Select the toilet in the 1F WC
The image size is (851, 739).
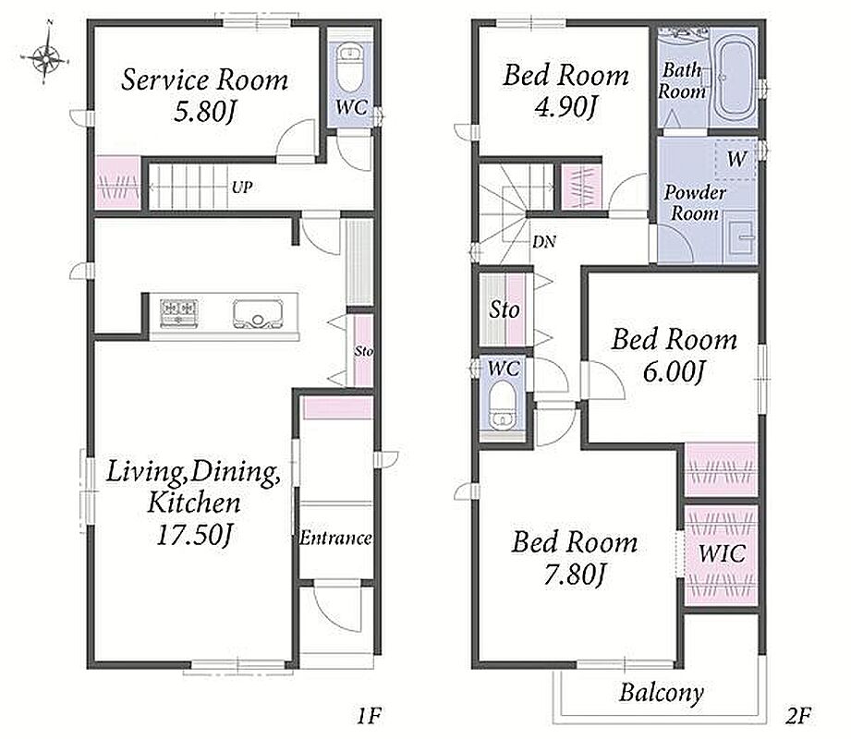(x=350, y=68)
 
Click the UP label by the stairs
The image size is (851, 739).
(x=242, y=188)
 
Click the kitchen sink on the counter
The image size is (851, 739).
(x=257, y=314)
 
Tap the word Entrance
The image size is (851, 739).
(x=336, y=538)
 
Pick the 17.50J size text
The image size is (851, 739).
(x=195, y=536)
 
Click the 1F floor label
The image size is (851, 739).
(x=369, y=716)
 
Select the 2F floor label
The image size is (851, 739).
(x=797, y=716)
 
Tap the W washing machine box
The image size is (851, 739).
(x=736, y=159)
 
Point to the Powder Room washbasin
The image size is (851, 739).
(x=741, y=237)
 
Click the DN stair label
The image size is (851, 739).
(x=544, y=241)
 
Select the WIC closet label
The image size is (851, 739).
(x=722, y=553)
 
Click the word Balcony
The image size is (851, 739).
(x=662, y=693)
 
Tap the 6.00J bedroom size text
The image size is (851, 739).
(x=674, y=372)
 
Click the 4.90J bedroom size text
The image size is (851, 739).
(x=565, y=106)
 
